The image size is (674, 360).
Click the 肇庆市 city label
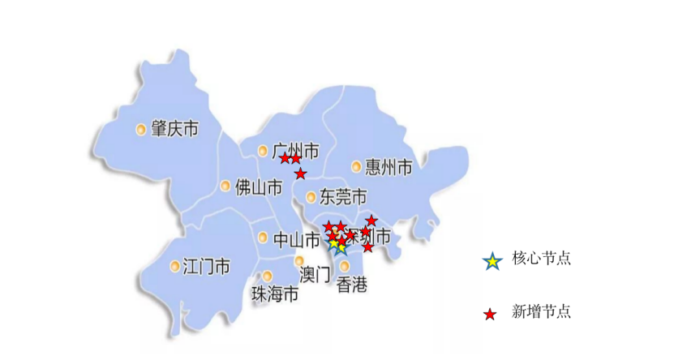click(175, 129)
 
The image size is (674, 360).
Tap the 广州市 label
click(296, 151)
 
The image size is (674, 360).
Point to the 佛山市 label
click(259, 187)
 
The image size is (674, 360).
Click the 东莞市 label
click(343, 197)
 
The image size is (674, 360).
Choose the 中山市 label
click(296, 239)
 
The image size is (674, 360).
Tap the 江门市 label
click(206, 266)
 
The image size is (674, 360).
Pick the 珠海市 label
click(274, 294)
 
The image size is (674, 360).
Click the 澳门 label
click(315, 275)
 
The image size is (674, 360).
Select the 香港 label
click(351, 285)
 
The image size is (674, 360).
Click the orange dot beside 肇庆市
click(141, 129)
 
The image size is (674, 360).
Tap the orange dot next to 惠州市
click(356, 166)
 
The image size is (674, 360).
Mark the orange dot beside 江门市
click(175, 266)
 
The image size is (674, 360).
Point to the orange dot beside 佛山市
click(225, 186)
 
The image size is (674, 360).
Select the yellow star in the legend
click(491, 262)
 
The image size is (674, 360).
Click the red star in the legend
click(490, 314)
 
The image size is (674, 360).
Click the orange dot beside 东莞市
click(311, 196)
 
